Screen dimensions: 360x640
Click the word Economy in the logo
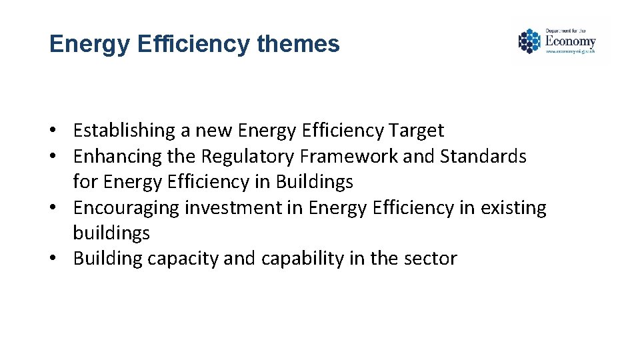point(570,41)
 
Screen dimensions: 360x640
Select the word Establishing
point(121,131)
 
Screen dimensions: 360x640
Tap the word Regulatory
point(248,157)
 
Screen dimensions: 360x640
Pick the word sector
point(429,259)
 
